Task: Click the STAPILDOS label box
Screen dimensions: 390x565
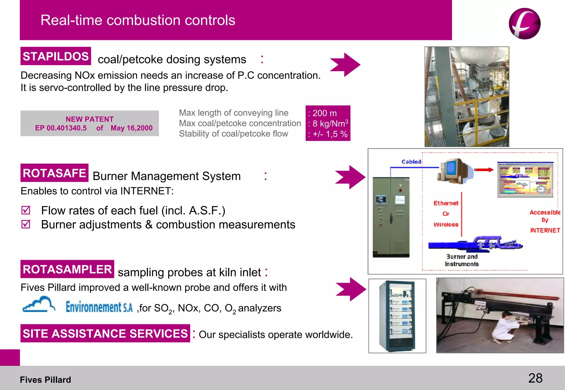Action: [55, 56]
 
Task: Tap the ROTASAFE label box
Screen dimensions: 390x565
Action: [54, 173]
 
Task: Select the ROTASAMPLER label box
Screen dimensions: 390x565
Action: [67, 269]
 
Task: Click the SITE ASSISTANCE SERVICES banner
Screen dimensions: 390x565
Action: [105, 333]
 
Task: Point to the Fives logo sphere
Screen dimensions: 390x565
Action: [524, 24]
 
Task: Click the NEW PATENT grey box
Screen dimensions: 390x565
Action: [89, 123]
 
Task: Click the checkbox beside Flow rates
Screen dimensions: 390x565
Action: [26, 210]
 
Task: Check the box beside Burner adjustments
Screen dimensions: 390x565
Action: [26, 224]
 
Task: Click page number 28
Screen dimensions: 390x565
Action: [535, 378]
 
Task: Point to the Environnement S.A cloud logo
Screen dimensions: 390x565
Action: [39, 304]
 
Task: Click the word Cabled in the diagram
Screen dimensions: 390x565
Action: [411, 162]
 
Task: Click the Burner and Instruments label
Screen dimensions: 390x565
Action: [462, 260]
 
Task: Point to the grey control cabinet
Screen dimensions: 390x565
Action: [391, 217]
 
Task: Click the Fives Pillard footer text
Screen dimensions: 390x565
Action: [46, 380]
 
